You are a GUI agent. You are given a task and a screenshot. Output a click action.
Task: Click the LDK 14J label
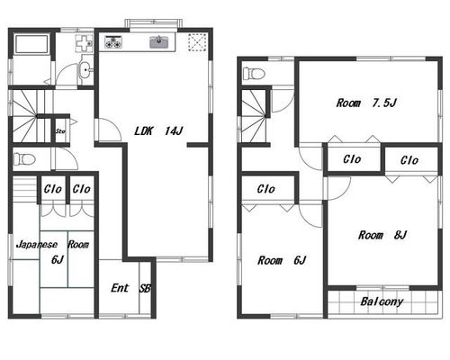coord(158,131)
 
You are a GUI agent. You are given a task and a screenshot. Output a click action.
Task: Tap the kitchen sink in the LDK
coord(159,41)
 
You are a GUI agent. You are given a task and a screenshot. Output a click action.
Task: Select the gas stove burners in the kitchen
coord(113,41)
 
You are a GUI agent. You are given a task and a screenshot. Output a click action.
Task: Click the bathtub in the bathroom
coord(31,44)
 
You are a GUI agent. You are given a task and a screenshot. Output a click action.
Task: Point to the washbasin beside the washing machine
coord(85,71)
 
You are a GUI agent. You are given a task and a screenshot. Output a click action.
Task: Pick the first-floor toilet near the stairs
coord(24,159)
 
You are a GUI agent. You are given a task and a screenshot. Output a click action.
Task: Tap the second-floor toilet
coord(254,73)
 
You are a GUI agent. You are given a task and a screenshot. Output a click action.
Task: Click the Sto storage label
coord(60,131)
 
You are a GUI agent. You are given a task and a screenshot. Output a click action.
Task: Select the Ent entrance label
coord(120,288)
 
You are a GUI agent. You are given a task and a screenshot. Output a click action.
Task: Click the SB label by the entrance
coord(145,288)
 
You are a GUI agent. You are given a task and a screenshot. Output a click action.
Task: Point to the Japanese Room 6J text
coord(53,251)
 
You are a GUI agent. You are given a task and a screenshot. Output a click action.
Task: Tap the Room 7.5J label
coord(366,103)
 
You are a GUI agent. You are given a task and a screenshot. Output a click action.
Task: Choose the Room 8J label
coord(382,235)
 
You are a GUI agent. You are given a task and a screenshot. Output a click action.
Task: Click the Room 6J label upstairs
coord(282,260)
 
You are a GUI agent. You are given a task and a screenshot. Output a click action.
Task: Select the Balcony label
coord(382,301)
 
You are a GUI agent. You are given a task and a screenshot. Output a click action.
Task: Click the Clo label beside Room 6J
coord(265,189)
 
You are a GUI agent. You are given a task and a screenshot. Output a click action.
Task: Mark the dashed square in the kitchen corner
coord(197,42)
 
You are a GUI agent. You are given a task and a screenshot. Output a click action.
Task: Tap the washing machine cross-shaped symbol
coord(84,44)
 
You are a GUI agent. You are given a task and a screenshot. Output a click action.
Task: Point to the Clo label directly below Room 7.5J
coord(352,159)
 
